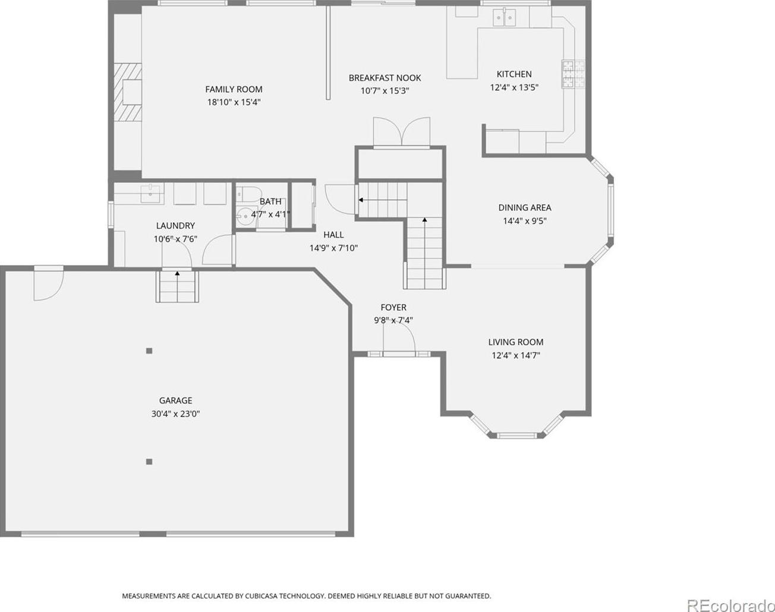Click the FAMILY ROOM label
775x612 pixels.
(x=234, y=89)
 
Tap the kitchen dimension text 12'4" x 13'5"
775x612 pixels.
(x=514, y=87)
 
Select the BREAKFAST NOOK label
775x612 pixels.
(x=385, y=78)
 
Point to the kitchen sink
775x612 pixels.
(x=505, y=17)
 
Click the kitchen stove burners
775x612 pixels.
(x=574, y=74)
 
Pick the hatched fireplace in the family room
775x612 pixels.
(x=128, y=92)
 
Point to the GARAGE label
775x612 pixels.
(x=175, y=400)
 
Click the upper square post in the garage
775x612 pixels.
(x=149, y=351)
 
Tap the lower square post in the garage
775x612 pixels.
(x=149, y=462)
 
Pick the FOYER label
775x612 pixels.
(x=393, y=307)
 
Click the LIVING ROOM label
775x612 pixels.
(x=516, y=342)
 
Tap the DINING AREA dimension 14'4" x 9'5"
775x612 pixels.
(x=525, y=220)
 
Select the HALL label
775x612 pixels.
(x=333, y=235)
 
